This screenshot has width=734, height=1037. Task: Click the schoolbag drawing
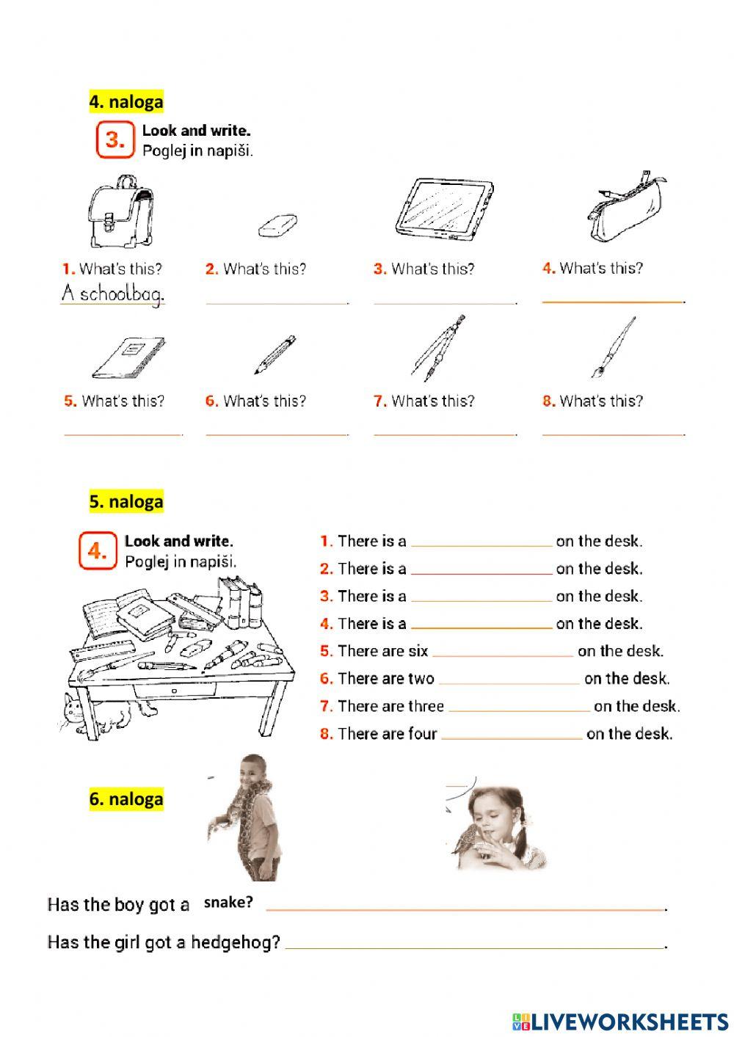(120, 212)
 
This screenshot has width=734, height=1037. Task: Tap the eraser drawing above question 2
(278, 226)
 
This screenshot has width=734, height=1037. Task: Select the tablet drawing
(443, 209)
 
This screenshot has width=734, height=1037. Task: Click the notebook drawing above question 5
(128, 357)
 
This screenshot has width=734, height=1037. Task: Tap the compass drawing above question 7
(439, 347)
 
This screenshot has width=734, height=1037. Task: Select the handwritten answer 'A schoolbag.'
(113, 294)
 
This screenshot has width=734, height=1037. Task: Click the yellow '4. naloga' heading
(126, 101)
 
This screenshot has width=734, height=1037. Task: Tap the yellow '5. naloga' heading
(126, 502)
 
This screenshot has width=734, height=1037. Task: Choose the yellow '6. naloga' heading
(126, 798)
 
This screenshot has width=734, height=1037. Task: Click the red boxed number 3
(115, 139)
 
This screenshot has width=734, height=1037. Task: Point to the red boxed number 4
(98, 550)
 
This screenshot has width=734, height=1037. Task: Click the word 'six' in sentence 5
(418, 651)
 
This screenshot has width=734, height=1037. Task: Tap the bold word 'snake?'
(228, 903)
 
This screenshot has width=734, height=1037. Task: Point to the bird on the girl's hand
(465, 840)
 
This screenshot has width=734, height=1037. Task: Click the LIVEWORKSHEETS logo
(620, 1021)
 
